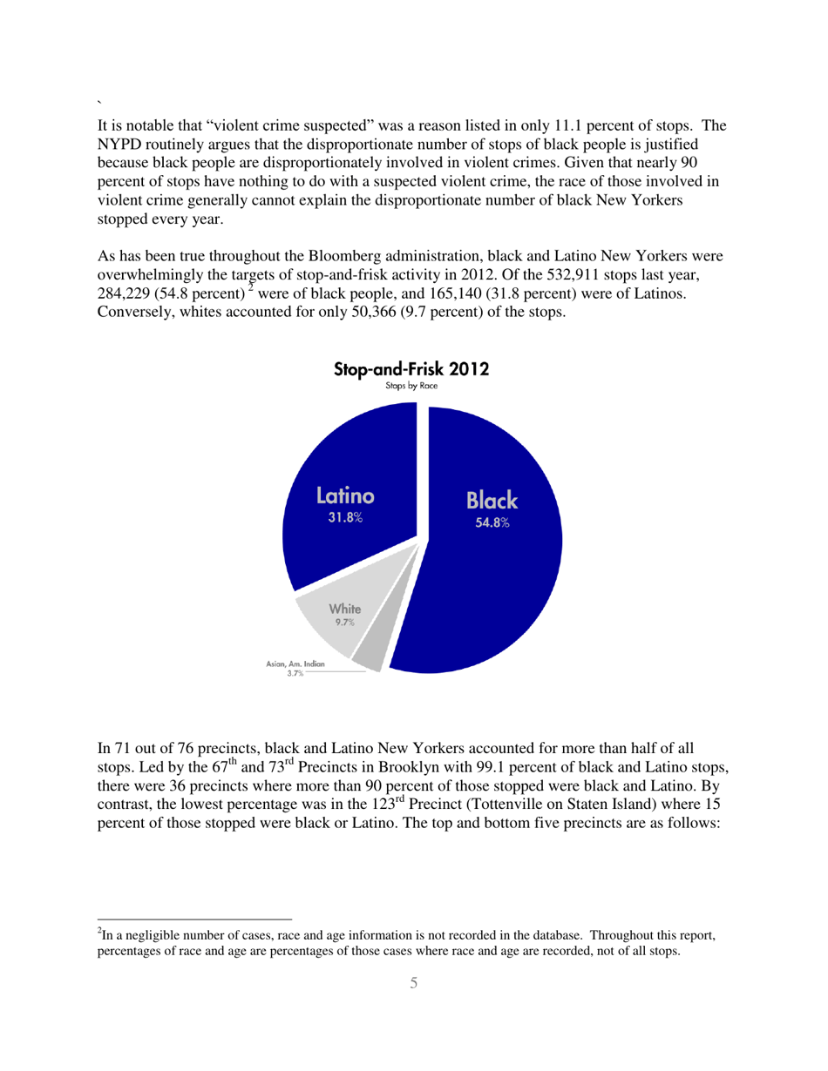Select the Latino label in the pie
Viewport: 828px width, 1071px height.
tap(345, 497)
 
